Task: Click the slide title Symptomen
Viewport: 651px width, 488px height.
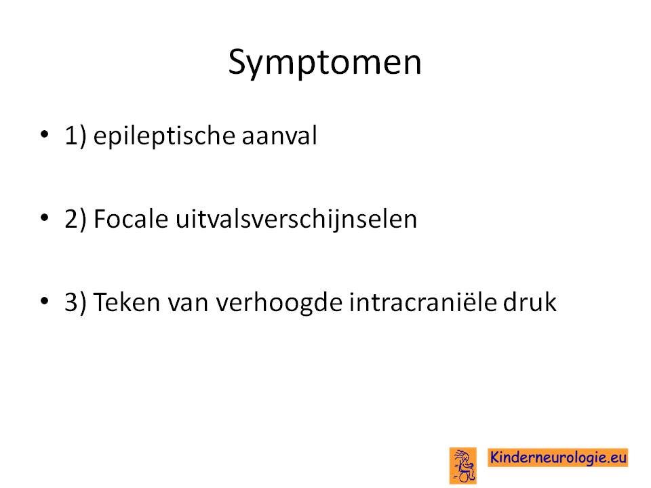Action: (325, 62)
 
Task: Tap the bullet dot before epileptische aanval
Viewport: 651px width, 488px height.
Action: (45, 134)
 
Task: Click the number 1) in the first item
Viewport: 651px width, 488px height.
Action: (75, 136)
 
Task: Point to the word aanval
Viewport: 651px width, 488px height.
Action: (279, 136)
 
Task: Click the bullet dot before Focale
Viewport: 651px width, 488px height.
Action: (45, 217)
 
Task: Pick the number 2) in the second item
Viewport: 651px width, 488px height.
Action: (75, 219)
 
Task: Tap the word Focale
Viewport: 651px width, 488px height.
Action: (131, 219)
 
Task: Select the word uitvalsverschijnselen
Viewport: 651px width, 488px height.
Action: (296, 219)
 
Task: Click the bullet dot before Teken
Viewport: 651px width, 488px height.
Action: (45, 300)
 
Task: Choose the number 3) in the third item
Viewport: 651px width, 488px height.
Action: (75, 302)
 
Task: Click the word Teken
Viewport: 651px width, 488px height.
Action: (127, 301)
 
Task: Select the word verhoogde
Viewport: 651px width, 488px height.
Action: (279, 302)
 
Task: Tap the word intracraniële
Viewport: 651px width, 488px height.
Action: (422, 301)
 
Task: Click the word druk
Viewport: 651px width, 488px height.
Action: (530, 301)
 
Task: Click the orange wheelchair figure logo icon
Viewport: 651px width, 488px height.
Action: (463, 466)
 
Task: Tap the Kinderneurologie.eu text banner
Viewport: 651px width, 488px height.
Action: (558, 457)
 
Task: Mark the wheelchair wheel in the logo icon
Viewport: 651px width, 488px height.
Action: (467, 476)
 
